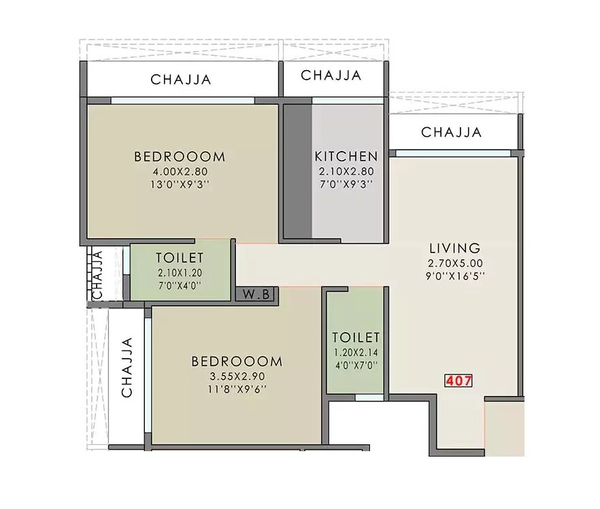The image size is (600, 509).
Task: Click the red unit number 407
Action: [459, 381]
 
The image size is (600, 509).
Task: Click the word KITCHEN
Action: [346, 157]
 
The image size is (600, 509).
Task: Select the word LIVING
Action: [454, 248]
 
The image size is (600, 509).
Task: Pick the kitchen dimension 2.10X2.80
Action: [345, 171]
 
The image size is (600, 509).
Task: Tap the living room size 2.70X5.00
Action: [454, 263]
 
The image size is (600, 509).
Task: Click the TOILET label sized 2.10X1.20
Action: [180, 258]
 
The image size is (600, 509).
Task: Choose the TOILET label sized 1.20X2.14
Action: [355, 338]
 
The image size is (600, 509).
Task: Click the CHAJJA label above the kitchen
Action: [331, 75]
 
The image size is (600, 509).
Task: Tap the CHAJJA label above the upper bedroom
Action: [181, 80]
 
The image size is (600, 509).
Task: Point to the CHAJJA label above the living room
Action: [452, 132]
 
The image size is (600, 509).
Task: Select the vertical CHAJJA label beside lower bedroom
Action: [127, 367]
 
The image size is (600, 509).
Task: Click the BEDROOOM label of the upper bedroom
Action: [180, 157]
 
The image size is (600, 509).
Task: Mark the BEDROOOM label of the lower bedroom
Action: [236, 361]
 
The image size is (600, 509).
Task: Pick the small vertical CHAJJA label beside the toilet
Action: [97, 275]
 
